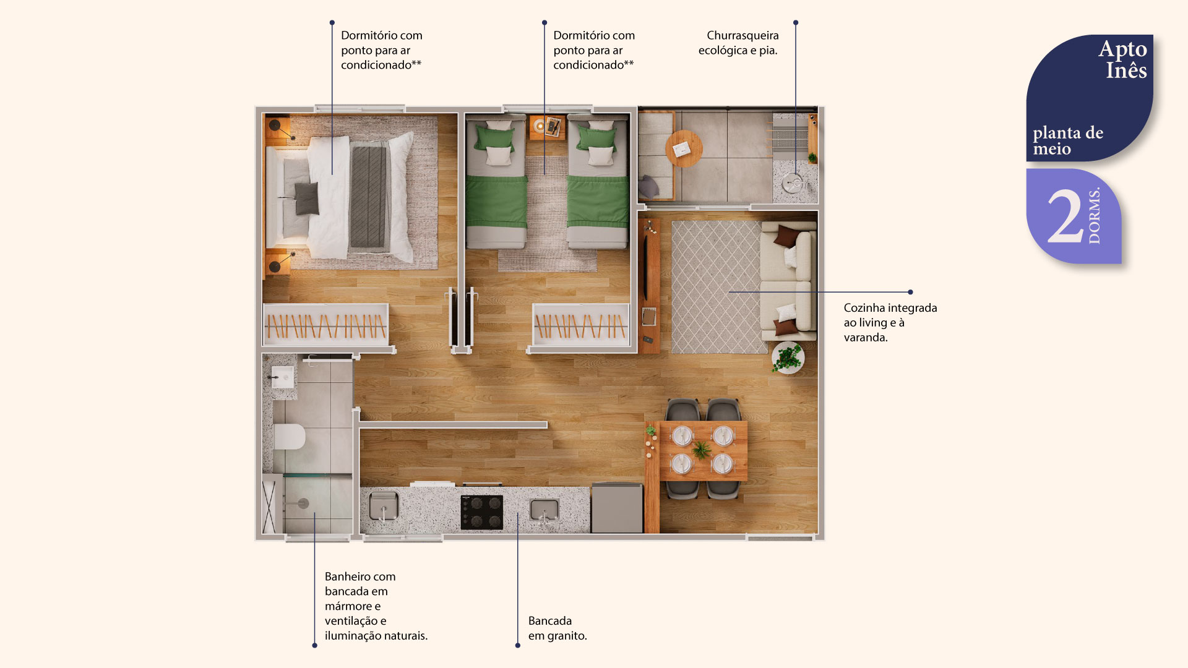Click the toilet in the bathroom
(289, 437)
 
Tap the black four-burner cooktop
(481, 512)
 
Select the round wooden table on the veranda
(684, 148)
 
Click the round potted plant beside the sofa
(788, 358)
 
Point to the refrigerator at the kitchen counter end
(617, 508)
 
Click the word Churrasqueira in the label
(742, 36)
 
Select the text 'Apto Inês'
(1122, 59)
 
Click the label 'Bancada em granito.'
(557, 628)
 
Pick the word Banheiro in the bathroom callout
(347, 576)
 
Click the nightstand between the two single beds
(547, 127)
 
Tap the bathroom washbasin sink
(283, 377)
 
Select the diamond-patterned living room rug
(717, 287)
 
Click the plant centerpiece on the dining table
(702, 450)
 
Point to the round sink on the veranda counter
(792, 183)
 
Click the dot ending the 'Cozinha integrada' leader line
(910, 292)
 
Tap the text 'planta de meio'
(1067, 141)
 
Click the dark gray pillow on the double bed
(307, 198)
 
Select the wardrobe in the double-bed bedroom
(325, 324)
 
